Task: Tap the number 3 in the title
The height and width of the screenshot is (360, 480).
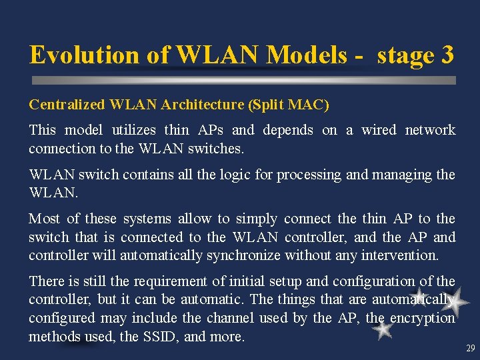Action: [x=447, y=55]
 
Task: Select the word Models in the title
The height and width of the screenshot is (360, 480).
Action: [x=300, y=55]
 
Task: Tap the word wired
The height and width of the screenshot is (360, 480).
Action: [x=378, y=130]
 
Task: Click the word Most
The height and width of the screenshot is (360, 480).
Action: [x=43, y=219]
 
